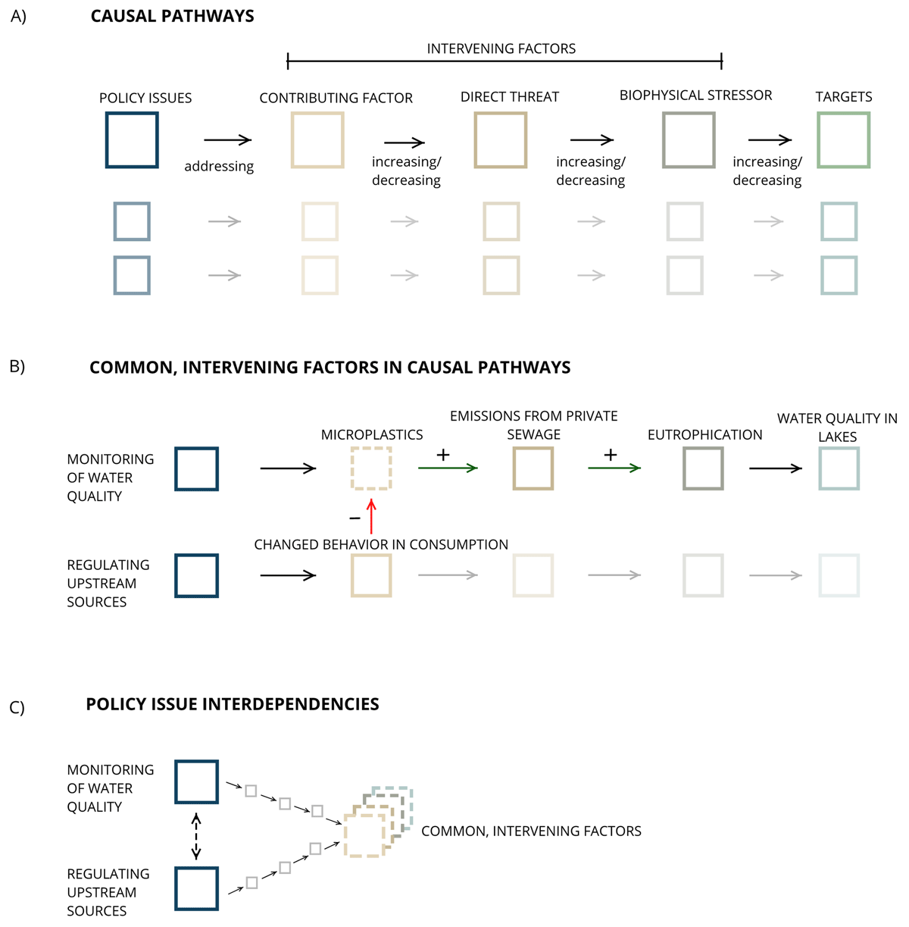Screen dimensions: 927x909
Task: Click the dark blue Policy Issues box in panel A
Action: point(132,140)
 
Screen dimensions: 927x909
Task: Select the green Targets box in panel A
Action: point(843,140)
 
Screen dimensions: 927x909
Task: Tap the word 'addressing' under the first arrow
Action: point(219,167)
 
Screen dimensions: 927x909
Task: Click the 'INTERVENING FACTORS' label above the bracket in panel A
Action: point(501,49)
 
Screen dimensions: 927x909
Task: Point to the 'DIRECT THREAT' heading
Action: point(509,97)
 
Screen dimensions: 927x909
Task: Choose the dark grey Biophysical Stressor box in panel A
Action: point(688,140)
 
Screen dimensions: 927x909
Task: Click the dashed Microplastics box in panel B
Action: point(371,468)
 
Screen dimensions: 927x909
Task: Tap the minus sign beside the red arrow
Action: point(355,519)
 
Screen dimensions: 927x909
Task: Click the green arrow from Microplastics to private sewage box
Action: point(448,468)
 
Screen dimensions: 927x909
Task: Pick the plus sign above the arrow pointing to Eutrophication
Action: point(610,455)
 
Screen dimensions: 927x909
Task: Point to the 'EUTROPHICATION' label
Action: point(704,435)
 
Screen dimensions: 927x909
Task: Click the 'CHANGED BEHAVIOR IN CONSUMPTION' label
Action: point(381,545)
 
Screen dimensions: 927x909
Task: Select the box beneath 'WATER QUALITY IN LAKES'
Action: point(839,468)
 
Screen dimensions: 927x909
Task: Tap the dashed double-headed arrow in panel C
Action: point(196,836)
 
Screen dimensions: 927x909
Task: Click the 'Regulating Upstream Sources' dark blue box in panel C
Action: point(196,888)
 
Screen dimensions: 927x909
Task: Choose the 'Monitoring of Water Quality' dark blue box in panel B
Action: point(196,468)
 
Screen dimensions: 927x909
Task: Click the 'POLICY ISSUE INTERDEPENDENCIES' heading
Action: point(233,704)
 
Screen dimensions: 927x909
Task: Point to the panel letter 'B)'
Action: point(17,367)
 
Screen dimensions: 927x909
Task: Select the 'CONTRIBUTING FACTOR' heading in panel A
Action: point(336,99)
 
